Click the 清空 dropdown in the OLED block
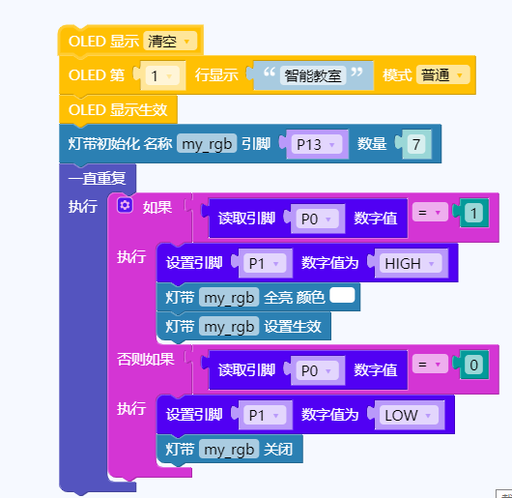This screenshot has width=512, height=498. [x=170, y=42]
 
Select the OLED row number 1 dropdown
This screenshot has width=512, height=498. [x=162, y=75]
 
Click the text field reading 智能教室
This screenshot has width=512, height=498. [x=313, y=75]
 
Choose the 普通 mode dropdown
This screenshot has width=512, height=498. [x=442, y=74]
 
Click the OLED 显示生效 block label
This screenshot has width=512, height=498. [x=118, y=110]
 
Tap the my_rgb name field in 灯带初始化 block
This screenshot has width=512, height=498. [x=207, y=144]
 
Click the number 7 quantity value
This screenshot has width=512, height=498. [x=416, y=144]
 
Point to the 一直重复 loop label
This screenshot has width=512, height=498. [x=97, y=178]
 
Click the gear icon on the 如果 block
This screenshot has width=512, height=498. [x=125, y=206]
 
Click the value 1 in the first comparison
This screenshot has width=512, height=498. [x=473, y=214]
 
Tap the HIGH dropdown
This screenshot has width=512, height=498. [x=411, y=263]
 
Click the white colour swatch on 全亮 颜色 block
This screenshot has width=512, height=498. [x=342, y=295]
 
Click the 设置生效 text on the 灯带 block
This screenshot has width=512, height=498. [x=293, y=327]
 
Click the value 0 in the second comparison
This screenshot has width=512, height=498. [x=473, y=365]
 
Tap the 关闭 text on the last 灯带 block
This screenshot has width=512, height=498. [x=278, y=450]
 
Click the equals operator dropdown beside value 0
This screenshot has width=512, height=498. [x=430, y=364]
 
